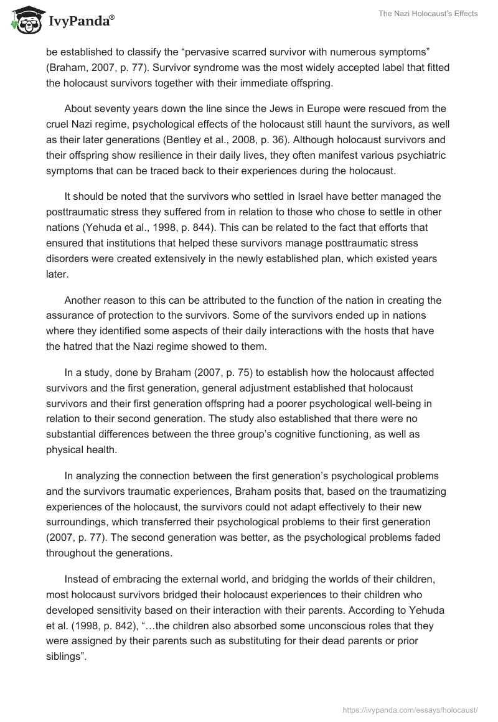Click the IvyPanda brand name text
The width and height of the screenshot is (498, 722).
[78, 22]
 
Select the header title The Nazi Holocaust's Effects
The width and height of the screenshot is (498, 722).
[428, 14]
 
